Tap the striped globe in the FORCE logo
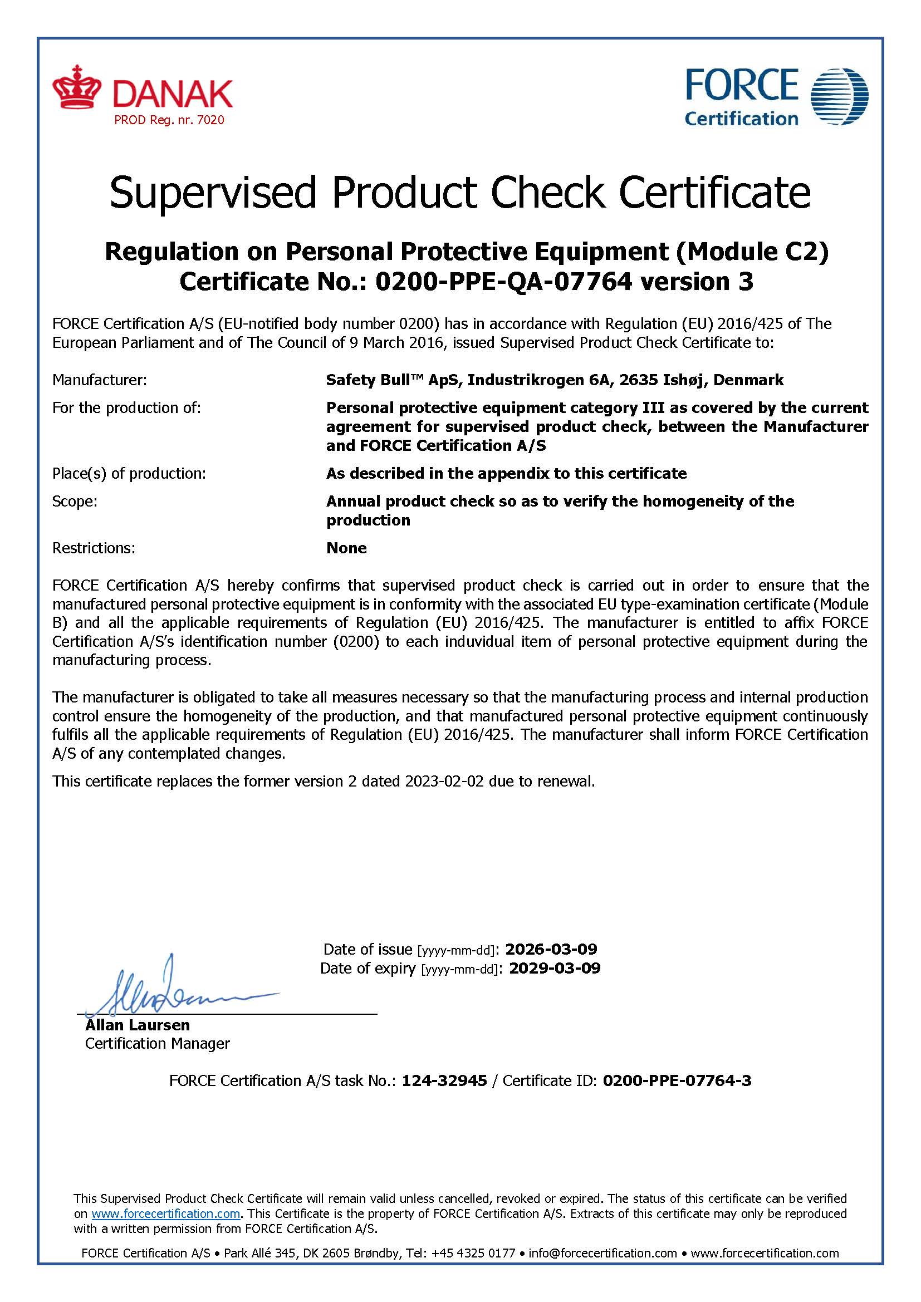(x=839, y=96)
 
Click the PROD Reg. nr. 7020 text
(x=169, y=120)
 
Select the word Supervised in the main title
(x=212, y=193)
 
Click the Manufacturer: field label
(x=99, y=380)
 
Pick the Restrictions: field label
(x=94, y=548)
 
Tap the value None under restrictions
(x=346, y=548)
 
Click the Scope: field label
(x=75, y=502)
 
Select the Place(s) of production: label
(x=129, y=474)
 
